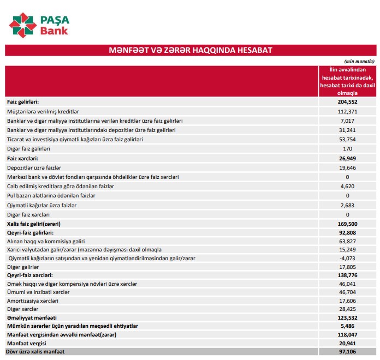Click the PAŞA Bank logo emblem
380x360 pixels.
tap(22, 25)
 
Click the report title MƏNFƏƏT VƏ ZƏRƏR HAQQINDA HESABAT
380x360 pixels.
tap(191, 50)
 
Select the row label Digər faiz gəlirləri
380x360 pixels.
tap(28, 148)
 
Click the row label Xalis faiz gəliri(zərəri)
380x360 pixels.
tap(33, 224)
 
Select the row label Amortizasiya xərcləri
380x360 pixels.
tap(33, 301)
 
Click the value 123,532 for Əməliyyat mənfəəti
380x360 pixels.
tap(347, 317)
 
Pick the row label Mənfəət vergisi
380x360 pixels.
tap(26, 343)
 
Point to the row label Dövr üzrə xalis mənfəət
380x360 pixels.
tap(35, 352)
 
